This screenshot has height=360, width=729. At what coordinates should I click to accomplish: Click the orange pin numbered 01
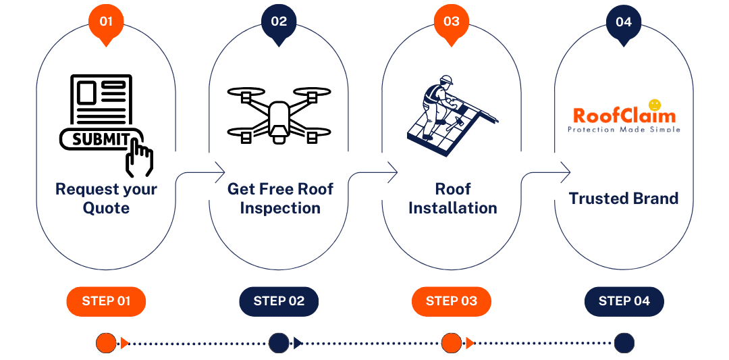click(x=106, y=22)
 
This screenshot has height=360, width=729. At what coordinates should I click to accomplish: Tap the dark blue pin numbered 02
click(x=279, y=22)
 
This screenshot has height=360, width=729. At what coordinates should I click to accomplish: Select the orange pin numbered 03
click(x=452, y=22)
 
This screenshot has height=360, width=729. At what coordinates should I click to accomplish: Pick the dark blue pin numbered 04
click(x=624, y=22)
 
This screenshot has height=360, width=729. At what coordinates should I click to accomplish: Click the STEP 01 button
click(x=106, y=301)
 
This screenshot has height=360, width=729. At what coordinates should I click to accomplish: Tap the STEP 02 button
click(x=279, y=301)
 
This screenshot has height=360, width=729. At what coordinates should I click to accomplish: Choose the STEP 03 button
click(x=452, y=301)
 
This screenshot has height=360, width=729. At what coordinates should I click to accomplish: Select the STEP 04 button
click(x=624, y=301)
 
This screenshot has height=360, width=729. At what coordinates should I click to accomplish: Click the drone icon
click(x=279, y=113)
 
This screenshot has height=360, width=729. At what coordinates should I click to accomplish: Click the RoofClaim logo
click(x=624, y=115)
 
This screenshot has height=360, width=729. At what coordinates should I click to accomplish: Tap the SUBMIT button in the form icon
click(x=101, y=138)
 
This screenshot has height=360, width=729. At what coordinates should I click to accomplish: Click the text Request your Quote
click(x=106, y=199)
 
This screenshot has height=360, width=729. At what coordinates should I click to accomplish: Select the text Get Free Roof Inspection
click(x=279, y=199)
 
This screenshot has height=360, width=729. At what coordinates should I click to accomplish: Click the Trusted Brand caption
click(x=624, y=199)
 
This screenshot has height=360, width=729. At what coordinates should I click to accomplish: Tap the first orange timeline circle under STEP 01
click(x=106, y=343)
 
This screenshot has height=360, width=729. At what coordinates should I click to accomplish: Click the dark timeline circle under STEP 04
click(x=624, y=343)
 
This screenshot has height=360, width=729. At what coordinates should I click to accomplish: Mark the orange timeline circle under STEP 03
click(x=451, y=343)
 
